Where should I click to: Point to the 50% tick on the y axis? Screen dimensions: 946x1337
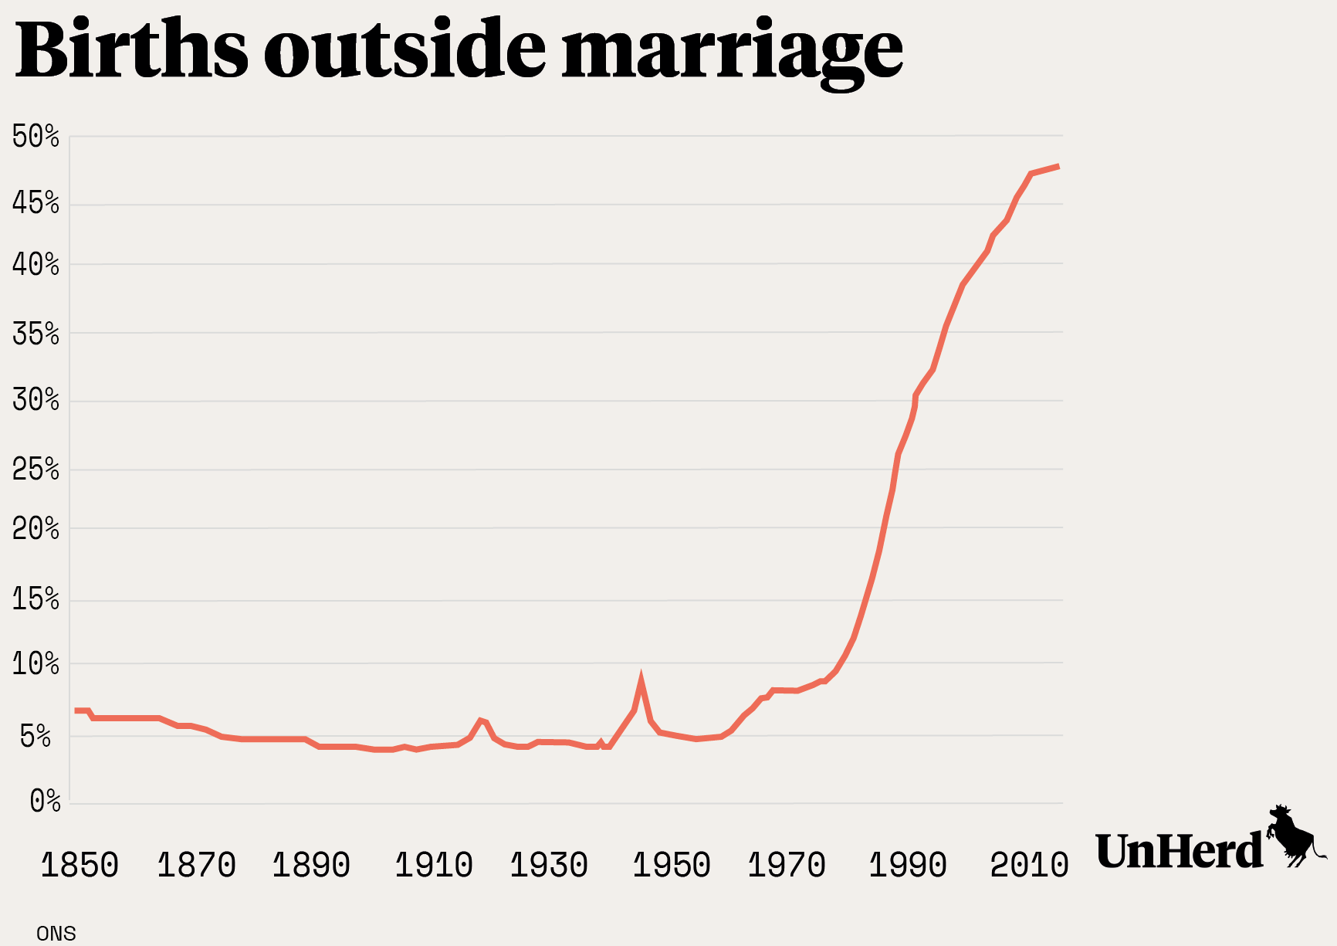[x=36, y=137]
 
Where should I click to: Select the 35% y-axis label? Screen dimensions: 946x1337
[x=36, y=334]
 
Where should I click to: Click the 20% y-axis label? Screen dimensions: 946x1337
[x=36, y=529]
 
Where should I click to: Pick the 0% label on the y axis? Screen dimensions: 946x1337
[x=45, y=802]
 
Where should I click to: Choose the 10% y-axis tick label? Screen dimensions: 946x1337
[x=36, y=664]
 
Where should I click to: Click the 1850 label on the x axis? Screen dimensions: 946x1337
[x=80, y=866]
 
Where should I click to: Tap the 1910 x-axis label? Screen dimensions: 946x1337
[x=434, y=866]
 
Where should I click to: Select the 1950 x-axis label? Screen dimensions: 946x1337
[x=672, y=866]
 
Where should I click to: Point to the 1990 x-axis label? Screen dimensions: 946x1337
[x=908, y=866]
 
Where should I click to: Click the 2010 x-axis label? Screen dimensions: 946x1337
[x=1029, y=866]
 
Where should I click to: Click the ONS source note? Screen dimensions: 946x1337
[x=56, y=934]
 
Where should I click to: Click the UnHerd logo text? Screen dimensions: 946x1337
[x=1179, y=852]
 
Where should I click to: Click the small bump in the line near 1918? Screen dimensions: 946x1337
[x=481, y=721]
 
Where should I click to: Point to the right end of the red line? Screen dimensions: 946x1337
[x=1058, y=166]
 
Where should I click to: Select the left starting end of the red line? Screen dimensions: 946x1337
[x=76, y=710]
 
